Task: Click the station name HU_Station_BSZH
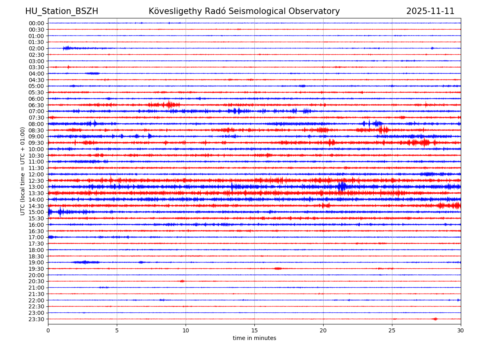pos(62,12)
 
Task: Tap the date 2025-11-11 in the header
pos(430,12)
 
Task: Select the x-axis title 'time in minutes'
pos(254,338)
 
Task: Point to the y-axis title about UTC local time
pos(23,171)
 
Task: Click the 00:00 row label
pos(36,23)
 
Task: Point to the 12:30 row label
pos(36,181)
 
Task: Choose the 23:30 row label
pos(36,319)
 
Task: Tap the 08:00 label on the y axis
pos(36,124)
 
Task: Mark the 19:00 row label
pos(36,262)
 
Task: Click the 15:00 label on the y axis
pos(36,212)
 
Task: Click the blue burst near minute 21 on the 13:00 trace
pos(342,187)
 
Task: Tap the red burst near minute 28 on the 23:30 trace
pos(435,319)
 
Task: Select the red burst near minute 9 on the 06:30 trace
pos(169,105)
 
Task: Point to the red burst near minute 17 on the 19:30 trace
pos(278,268)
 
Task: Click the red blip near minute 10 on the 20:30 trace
pos(182,281)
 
